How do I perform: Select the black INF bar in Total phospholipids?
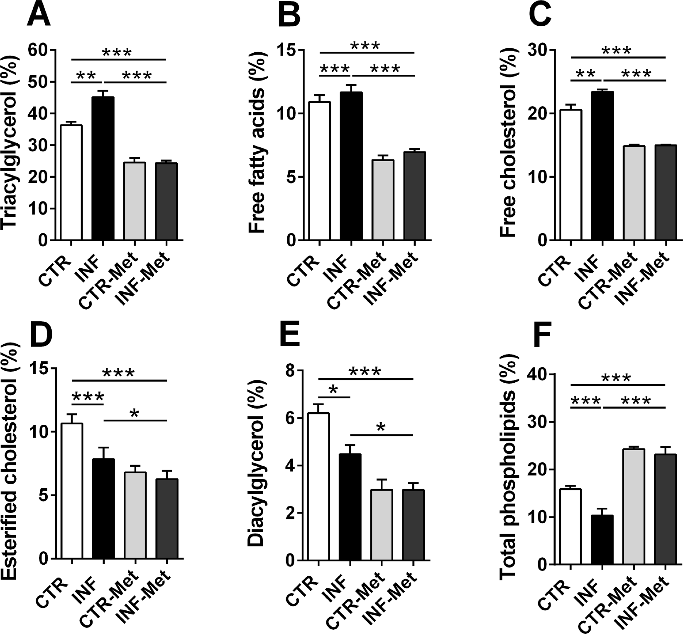point(602,540)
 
